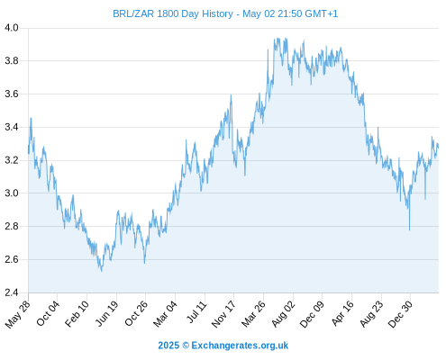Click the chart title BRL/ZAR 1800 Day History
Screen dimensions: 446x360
tap(173, 13)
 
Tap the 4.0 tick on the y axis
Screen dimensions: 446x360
tap(12, 28)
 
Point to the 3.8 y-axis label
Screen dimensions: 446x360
tap(12, 61)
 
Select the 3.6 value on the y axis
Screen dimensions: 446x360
tap(12, 94)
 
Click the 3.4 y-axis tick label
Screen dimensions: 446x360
tap(12, 127)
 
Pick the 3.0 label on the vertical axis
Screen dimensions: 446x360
tap(12, 193)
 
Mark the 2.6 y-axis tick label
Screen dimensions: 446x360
tap(12, 259)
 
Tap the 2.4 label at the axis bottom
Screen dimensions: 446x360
tap(12, 292)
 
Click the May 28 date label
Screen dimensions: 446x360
tap(17, 314)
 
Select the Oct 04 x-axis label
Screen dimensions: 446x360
tap(48, 313)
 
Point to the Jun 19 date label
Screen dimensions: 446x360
tap(107, 313)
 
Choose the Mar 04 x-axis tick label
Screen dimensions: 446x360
tap(165, 314)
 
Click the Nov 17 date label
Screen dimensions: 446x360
tap(223, 314)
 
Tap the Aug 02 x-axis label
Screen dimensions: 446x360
tap(283, 314)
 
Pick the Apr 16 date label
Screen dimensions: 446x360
tap(342, 313)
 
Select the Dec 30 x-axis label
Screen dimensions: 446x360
tap(401, 314)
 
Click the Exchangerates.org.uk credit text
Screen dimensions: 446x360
tap(240, 346)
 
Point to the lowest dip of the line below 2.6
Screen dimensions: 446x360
tap(102, 271)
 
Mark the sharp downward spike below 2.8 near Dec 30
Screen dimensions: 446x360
tap(409, 229)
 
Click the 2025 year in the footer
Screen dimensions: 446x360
tap(168, 346)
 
